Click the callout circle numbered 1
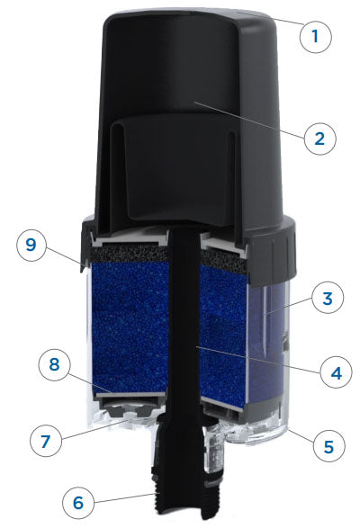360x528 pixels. [315, 36]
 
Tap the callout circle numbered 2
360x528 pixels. [319, 139]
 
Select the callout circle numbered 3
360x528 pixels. [328, 299]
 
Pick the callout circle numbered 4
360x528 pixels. [336, 372]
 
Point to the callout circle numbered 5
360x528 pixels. [329, 446]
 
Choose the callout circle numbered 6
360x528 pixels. [78, 503]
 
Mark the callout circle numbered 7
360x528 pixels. [46, 441]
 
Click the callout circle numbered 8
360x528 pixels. [55, 365]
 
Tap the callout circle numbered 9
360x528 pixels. [31, 245]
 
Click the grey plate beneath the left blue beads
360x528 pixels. [130, 395]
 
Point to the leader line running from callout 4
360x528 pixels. [258, 360]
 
